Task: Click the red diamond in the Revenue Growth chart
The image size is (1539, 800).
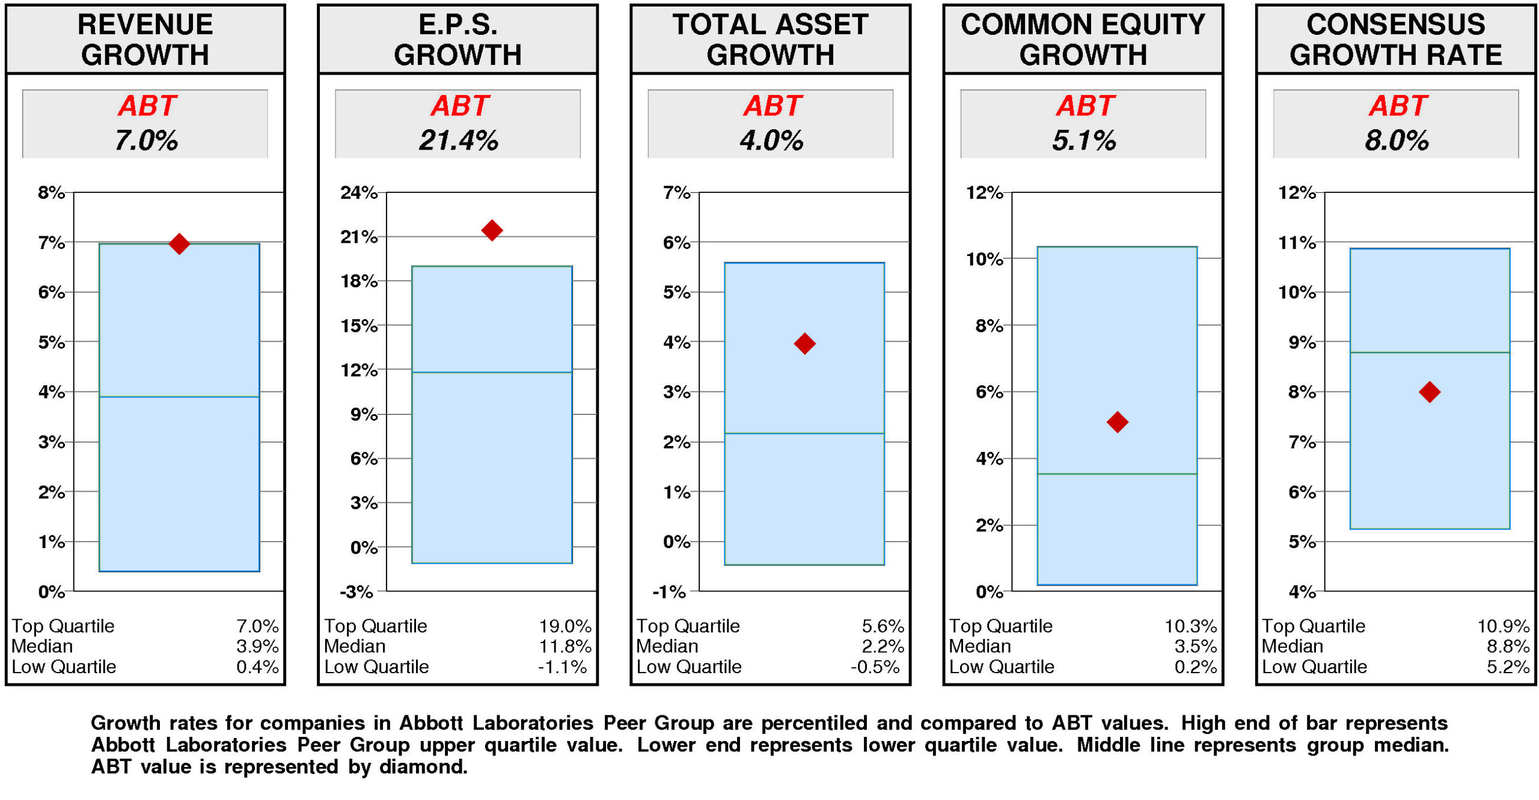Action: [x=179, y=243]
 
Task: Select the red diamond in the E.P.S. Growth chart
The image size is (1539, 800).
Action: [x=491, y=230]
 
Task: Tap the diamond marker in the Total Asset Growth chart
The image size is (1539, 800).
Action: [x=804, y=343]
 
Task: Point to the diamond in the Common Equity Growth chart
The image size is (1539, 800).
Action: [x=1116, y=422]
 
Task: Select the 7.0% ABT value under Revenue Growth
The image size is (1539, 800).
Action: [x=145, y=141]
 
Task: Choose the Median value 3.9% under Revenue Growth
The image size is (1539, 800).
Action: [x=257, y=646]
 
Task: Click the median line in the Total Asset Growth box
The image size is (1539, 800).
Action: [x=804, y=433]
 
